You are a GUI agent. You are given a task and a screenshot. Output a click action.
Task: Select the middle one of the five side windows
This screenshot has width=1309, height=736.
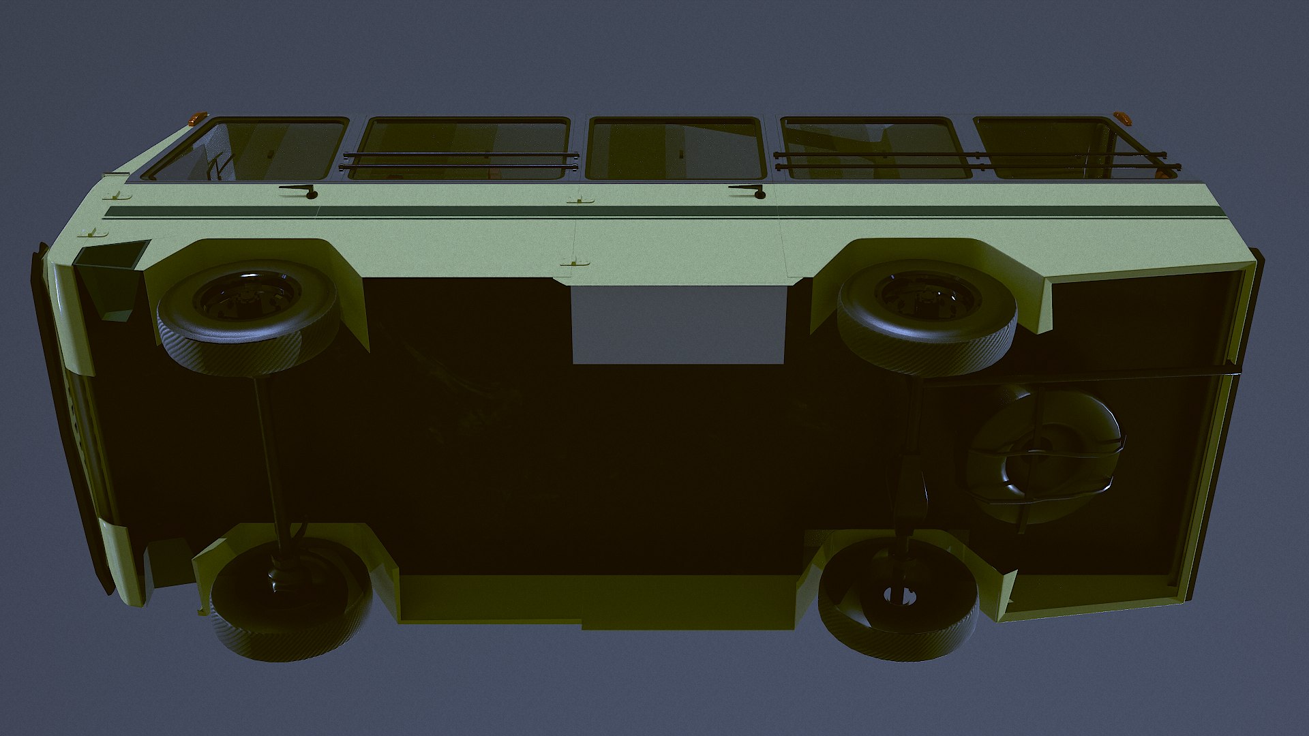coord(674,149)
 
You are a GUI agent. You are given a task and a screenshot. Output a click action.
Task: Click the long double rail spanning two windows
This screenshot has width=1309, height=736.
coord(975,161)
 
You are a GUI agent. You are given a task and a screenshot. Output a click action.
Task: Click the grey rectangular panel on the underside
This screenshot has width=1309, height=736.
coord(678,324)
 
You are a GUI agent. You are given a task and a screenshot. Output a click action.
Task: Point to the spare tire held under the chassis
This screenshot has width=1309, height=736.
coord(1046,457)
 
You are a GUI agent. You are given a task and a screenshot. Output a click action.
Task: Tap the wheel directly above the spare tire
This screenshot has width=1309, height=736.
coord(927,314)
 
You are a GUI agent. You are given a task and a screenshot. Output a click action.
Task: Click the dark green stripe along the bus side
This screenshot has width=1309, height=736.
coord(545,211)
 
